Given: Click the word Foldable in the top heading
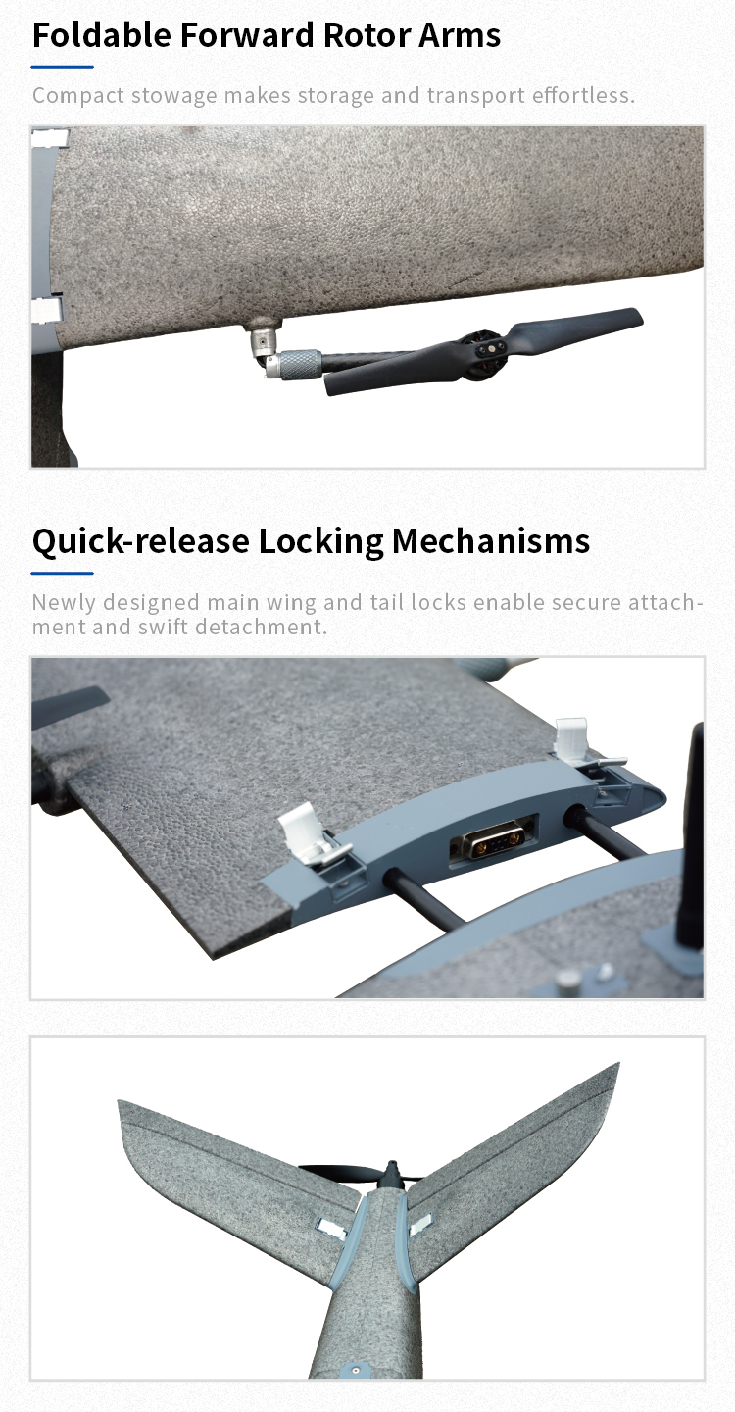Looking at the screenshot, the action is tap(101, 34).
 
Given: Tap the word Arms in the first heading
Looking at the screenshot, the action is tap(460, 34).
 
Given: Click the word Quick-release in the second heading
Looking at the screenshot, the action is tap(140, 541).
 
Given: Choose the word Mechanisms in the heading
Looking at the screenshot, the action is tap(491, 541).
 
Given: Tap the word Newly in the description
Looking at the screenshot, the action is tap(64, 603).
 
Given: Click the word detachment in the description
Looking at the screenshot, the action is tap(261, 628).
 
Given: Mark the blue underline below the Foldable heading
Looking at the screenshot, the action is tap(63, 67).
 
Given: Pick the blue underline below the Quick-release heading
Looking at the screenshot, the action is tap(63, 574).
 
